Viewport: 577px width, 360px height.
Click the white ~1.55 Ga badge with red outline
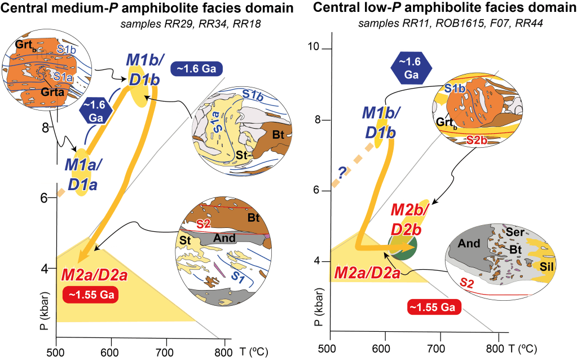[x=434, y=307]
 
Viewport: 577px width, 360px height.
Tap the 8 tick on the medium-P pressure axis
[x=46, y=128]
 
